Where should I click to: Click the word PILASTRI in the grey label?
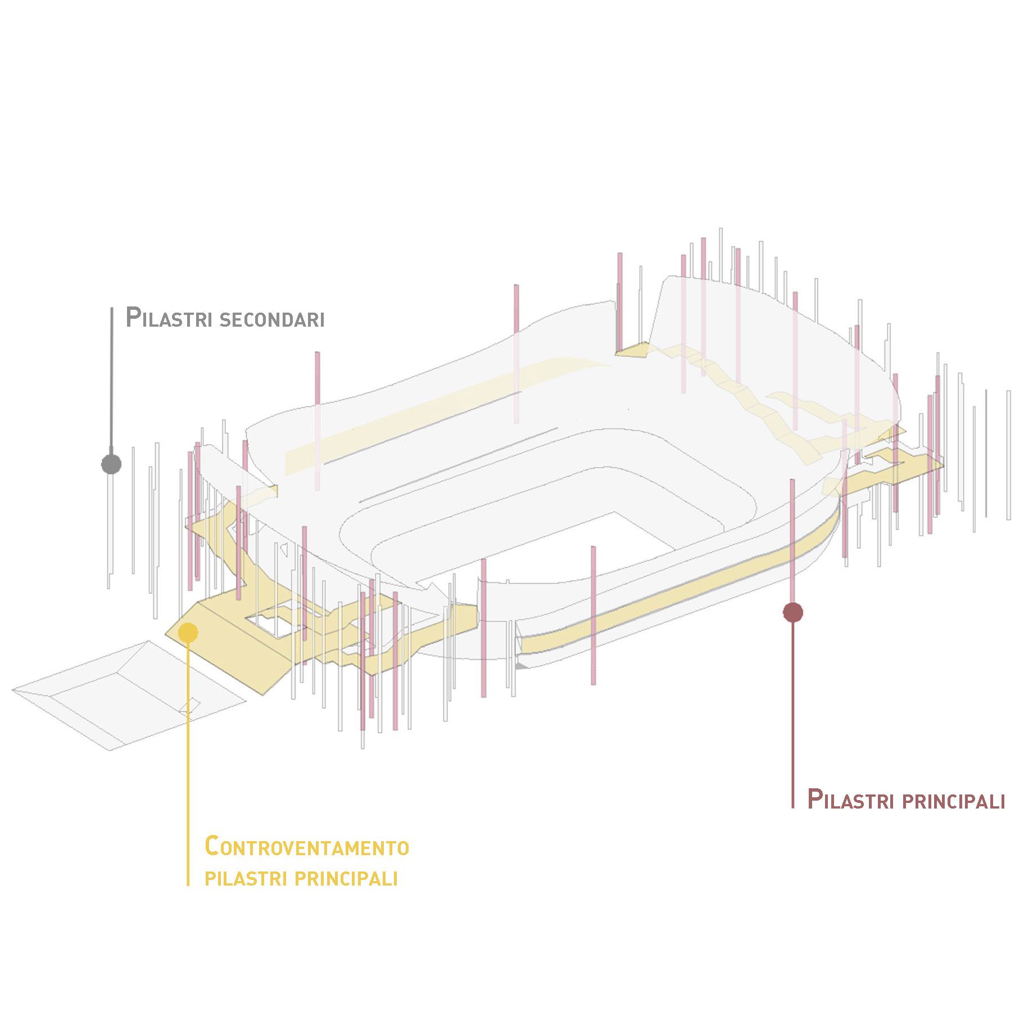[x=168, y=318]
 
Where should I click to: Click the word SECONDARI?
[x=271, y=319]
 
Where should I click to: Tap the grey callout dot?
[x=111, y=464]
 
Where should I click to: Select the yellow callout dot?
[x=188, y=632]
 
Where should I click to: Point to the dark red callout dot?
[x=792, y=612]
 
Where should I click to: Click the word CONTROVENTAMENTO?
[x=306, y=846]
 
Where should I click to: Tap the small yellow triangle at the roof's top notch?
[x=633, y=350]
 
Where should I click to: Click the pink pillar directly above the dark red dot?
[x=792, y=540]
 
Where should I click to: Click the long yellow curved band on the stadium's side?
[x=674, y=590]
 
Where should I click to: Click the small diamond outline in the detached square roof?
[x=190, y=707]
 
